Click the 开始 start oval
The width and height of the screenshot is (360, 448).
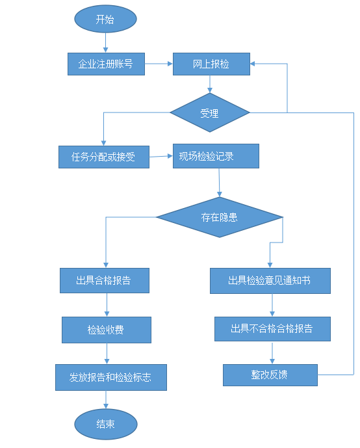105,20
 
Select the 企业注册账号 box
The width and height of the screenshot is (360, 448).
106,64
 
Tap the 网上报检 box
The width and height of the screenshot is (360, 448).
211,64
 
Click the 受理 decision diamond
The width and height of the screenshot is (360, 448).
210,112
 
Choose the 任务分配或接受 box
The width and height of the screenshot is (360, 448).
103,156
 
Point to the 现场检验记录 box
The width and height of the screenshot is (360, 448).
216,156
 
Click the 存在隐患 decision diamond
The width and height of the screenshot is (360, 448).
220,217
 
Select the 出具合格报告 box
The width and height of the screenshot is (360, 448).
105,280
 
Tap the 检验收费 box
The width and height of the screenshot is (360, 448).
107,330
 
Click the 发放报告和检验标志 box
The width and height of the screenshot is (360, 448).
111,377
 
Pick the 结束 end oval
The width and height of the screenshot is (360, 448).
106,424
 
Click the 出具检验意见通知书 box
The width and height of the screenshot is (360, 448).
270,280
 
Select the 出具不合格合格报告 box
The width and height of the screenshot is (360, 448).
272,328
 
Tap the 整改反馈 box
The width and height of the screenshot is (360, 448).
270,375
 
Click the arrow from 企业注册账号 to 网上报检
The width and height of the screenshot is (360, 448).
158,64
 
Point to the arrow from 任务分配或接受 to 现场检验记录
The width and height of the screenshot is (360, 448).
161,156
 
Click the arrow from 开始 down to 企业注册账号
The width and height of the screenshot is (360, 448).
105,44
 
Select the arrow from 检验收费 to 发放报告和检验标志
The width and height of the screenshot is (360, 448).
107,353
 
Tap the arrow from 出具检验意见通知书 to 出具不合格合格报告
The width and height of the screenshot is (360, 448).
272,305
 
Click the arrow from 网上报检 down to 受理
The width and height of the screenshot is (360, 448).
210,84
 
